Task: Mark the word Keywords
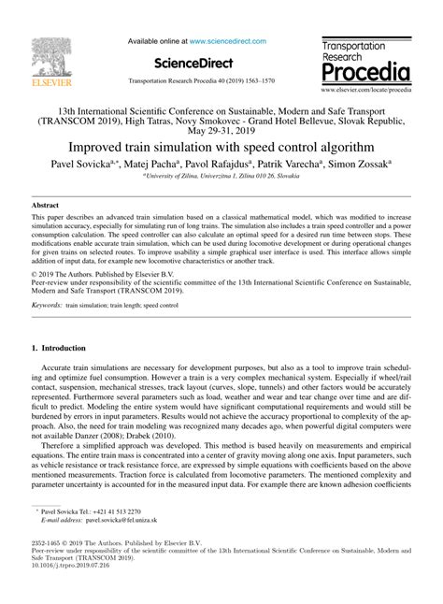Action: coord(49,307)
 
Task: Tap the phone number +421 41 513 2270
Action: coord(118,512)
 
